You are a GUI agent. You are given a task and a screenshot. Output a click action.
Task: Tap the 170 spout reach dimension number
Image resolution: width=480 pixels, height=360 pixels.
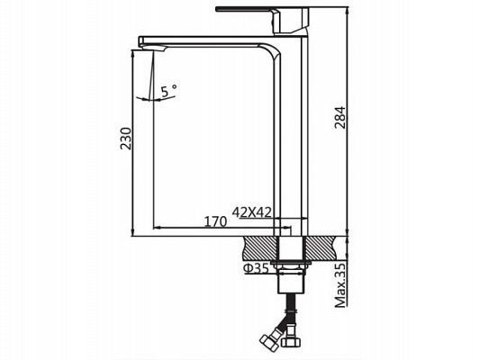point(213,220)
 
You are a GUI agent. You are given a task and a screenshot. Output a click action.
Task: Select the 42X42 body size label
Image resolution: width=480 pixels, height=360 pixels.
point(252,211)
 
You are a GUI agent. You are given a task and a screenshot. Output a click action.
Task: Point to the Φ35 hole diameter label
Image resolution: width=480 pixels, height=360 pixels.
point(257,267)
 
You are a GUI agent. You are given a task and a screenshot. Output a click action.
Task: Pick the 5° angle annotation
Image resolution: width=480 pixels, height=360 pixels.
point(168,91)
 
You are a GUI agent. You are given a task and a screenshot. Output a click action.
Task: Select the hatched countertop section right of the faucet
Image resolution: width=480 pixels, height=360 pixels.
point(323,245)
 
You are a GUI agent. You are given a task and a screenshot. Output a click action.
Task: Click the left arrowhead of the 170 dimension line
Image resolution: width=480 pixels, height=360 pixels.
point(158,227)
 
